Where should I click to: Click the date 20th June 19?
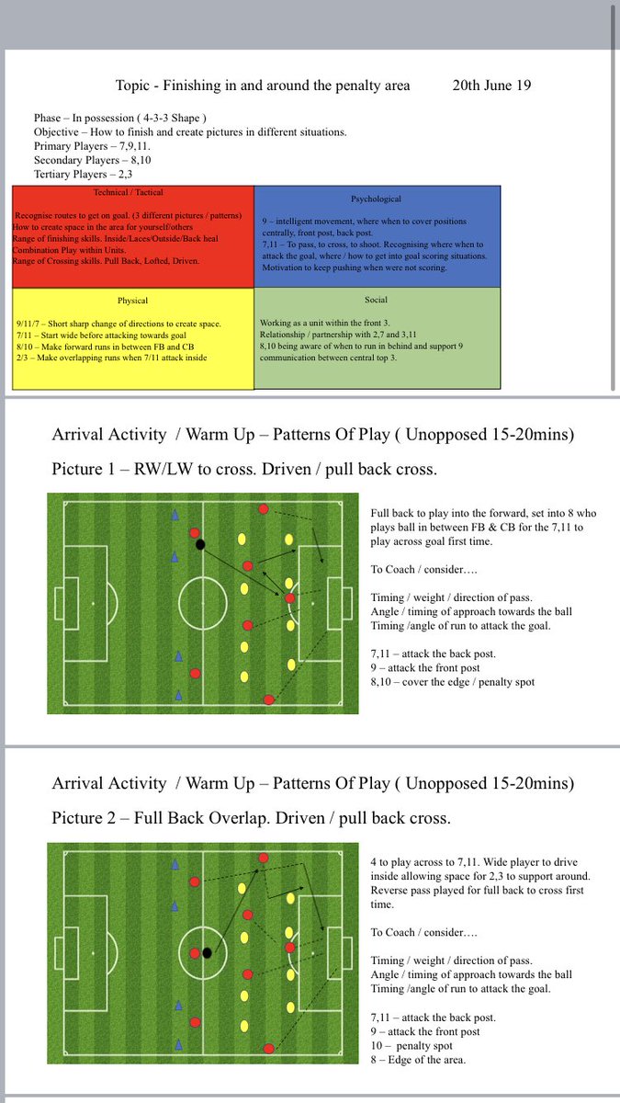coord(491,85)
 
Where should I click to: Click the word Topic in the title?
coord(134,85)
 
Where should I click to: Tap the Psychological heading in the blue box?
coord(377,199)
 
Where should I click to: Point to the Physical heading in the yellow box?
coord(132,300)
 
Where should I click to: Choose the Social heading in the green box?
coord(377,299)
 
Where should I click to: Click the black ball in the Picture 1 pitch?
coord(200,544)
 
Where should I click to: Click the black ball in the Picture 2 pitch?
coord(208,953)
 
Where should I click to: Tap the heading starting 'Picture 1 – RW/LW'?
coord(244,470)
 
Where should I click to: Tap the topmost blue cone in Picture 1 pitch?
coord(175,516)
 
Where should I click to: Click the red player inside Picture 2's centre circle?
coord(194,953)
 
